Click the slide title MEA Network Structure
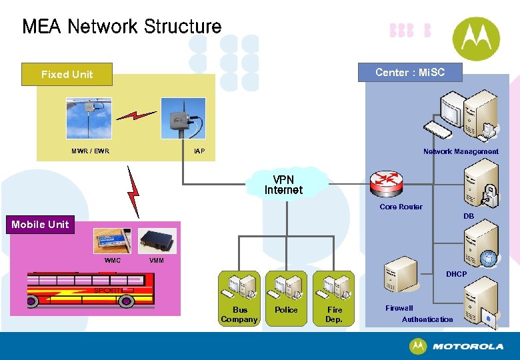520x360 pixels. coord(122,27)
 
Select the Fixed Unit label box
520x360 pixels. coord(67,75)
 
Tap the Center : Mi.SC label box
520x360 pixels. coord(409,72)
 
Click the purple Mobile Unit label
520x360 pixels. coord(40,225)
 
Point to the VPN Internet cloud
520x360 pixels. coord(284,185)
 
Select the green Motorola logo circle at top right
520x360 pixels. coord(476,39)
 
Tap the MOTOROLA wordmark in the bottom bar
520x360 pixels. coord(467,347)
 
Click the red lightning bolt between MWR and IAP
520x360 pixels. coord(137,115)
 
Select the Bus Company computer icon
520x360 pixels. coord(239,287)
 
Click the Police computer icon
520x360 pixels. coord(287,287)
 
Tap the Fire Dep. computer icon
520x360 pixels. coord(334,287)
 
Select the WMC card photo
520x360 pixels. coord(112,240)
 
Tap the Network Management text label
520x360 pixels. coord(461,152)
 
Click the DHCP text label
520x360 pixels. coord(457,274)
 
